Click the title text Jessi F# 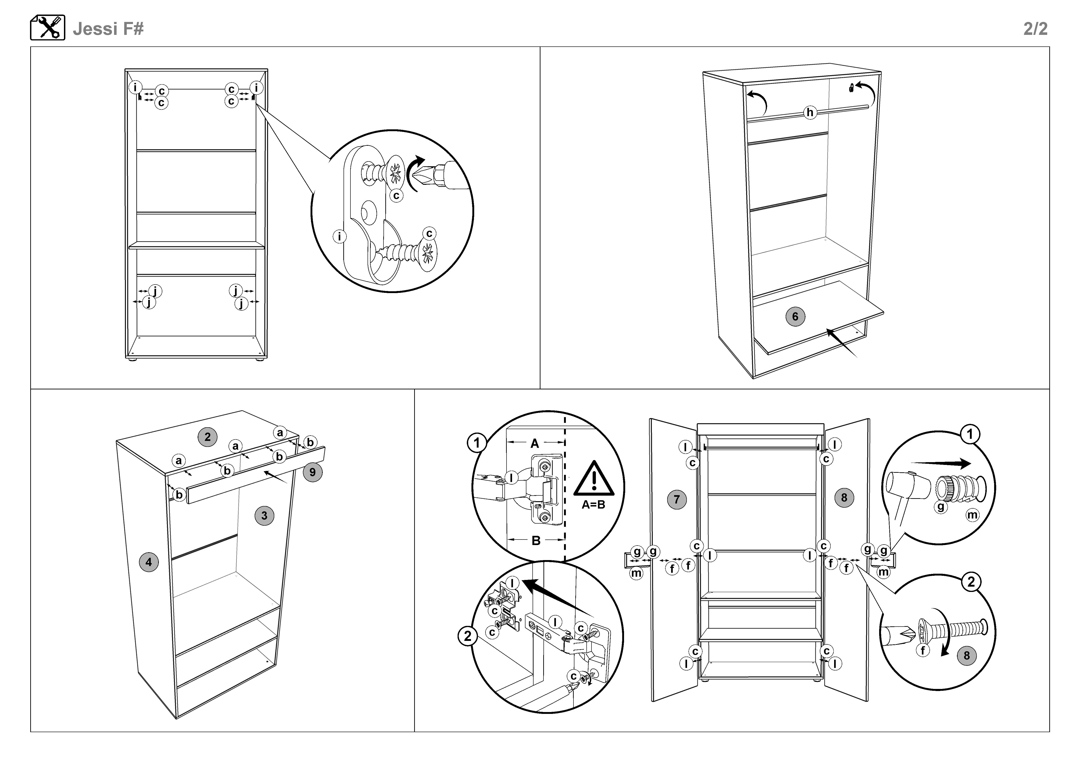108,29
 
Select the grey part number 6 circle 795,316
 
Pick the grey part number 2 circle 208,437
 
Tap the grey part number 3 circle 264,515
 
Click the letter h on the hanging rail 809,112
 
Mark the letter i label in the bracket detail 340,236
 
